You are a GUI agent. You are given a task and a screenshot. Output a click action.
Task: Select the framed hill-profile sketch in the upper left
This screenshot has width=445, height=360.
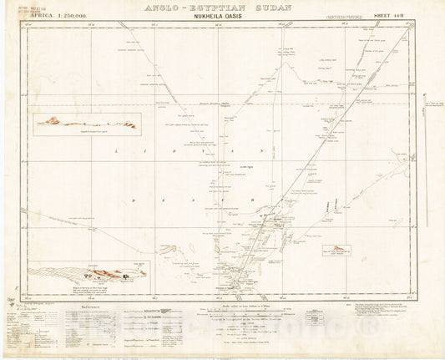point(86,123)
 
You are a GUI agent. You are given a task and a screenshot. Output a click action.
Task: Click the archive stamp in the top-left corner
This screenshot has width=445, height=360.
point(18,13)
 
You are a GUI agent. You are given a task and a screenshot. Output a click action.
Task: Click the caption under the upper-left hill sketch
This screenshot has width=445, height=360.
point(86,134)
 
